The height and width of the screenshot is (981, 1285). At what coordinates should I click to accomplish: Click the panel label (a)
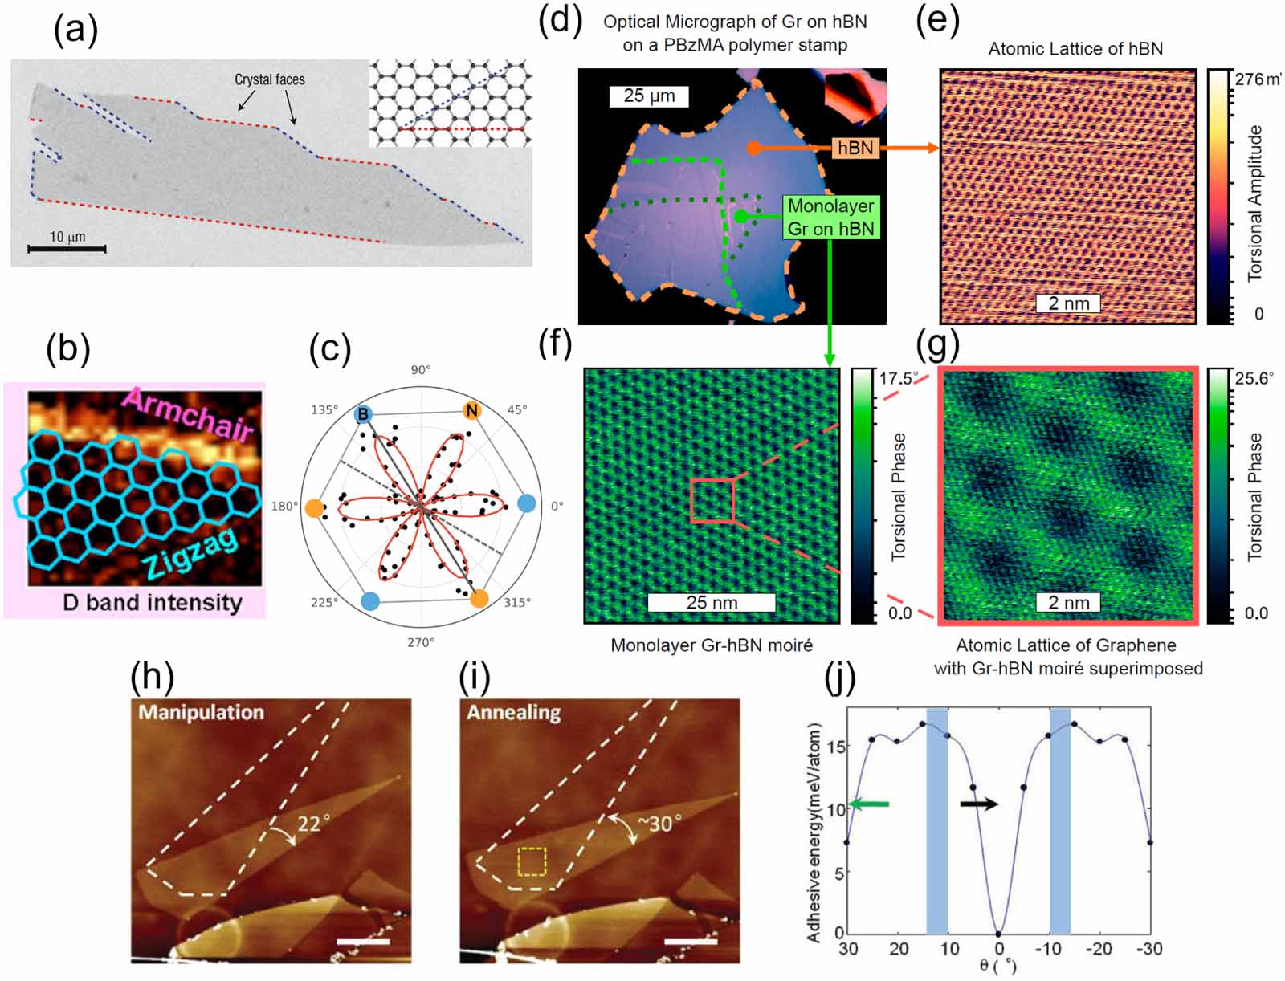(x=75, y=31)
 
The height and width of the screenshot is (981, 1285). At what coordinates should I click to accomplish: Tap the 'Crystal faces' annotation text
(x=269, y=79)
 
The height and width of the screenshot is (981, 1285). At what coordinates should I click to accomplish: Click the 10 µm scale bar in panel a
(x=67, y=249)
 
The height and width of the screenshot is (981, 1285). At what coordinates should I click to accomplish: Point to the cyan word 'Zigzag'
(x=191, y=554)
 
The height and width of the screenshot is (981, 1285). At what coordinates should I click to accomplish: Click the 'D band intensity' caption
(x=152, y=602)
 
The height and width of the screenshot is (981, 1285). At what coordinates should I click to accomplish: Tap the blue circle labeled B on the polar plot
(x=363, y=414)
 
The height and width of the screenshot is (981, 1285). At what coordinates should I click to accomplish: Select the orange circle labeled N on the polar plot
(x=472, y=411)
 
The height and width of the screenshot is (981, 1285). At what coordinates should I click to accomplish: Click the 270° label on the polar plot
(x=420, y=642)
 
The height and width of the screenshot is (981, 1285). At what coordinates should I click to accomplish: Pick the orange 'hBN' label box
(x=855, y=148)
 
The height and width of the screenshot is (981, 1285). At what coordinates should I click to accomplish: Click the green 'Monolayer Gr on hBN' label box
(x=830, y=218)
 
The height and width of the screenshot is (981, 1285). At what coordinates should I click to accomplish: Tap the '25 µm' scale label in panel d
(x=649, y=96)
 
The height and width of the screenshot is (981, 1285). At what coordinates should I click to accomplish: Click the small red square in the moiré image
(x=712, y=500)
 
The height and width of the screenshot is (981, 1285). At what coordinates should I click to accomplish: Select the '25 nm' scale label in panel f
(x=712, y=602)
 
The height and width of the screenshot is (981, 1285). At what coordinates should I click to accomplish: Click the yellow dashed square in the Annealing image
(x=532, y=861)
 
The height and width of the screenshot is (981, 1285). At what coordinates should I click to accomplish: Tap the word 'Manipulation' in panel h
(x=201, y=712)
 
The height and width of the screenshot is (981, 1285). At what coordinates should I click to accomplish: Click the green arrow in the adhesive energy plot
(x=869, y=804)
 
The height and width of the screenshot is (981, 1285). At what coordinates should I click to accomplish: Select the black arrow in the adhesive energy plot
(x=979, y=804)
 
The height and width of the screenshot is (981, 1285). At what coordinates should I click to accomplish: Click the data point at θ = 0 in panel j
(x=998, y=934)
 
